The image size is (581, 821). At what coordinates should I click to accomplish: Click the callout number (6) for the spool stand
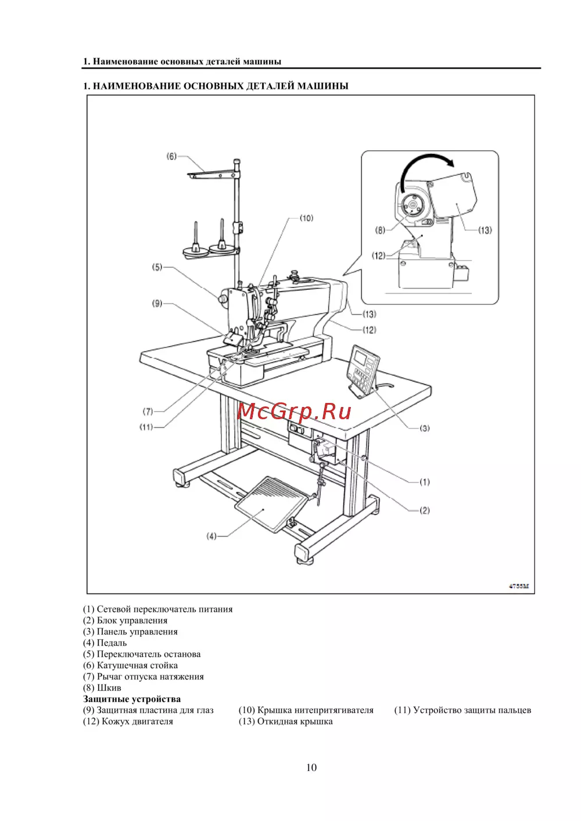coord(171,157)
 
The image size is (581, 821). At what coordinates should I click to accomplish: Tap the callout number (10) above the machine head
coord(306,218)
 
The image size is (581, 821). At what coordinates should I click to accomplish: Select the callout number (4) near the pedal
coord(211,536)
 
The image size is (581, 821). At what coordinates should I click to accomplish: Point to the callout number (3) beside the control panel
coord(424,428)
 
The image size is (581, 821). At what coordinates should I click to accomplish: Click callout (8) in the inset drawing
coord(380,230)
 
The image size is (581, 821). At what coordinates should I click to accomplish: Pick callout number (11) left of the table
coord(146,427)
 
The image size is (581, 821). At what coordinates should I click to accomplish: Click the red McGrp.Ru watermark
coord(294,412)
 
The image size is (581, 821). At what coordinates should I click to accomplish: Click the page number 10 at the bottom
coord(311,767)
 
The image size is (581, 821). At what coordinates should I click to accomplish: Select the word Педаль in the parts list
coord(112,643)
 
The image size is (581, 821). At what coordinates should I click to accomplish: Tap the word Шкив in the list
coord(109,688)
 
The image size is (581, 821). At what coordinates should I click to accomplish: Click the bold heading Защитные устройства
coord(132,699)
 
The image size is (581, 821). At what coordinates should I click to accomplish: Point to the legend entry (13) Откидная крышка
coord(286,721)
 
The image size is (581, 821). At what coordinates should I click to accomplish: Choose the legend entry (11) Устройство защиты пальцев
coord(462,710)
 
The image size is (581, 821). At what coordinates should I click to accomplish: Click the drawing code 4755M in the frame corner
coord(519,586)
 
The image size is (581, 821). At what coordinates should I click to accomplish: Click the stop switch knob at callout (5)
coord(223,299)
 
